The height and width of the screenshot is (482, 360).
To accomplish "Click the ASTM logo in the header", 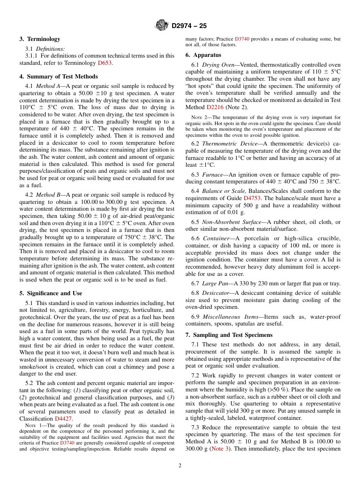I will (162, 26).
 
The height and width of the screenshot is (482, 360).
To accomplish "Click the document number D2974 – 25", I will (189, 26).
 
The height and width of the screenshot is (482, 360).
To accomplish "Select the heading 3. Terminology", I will (40, 39).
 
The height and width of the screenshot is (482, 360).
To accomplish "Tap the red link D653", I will (105, 63).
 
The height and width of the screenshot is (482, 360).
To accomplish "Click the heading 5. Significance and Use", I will (50, 293).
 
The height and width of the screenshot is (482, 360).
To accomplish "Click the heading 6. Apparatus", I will (203, 55).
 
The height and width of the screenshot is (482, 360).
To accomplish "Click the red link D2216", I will (215, 107).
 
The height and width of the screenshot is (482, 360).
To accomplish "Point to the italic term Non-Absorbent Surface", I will (232, 222).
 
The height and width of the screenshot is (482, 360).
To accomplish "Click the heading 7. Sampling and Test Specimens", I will (229, 335).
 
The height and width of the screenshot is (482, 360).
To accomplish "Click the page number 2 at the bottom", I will (180, 466).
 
